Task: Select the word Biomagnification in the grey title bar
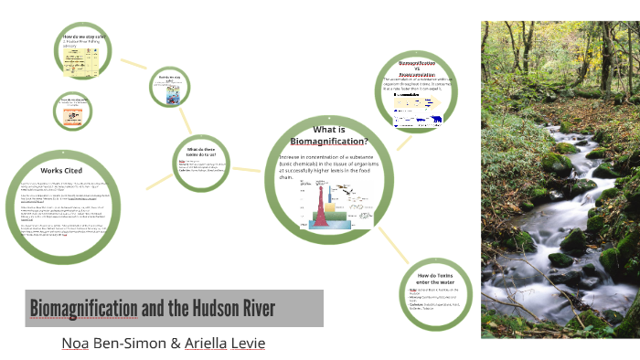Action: pyautogui.click(x=83, y=308)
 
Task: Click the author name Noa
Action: pyautogui.click(x=74, y=343)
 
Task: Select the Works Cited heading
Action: pyautogui.click(x=63, y=171)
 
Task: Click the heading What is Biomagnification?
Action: pyautogui.click(x=328, y=135)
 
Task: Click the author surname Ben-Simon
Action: pyautogui.click(x=131, y=343)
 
